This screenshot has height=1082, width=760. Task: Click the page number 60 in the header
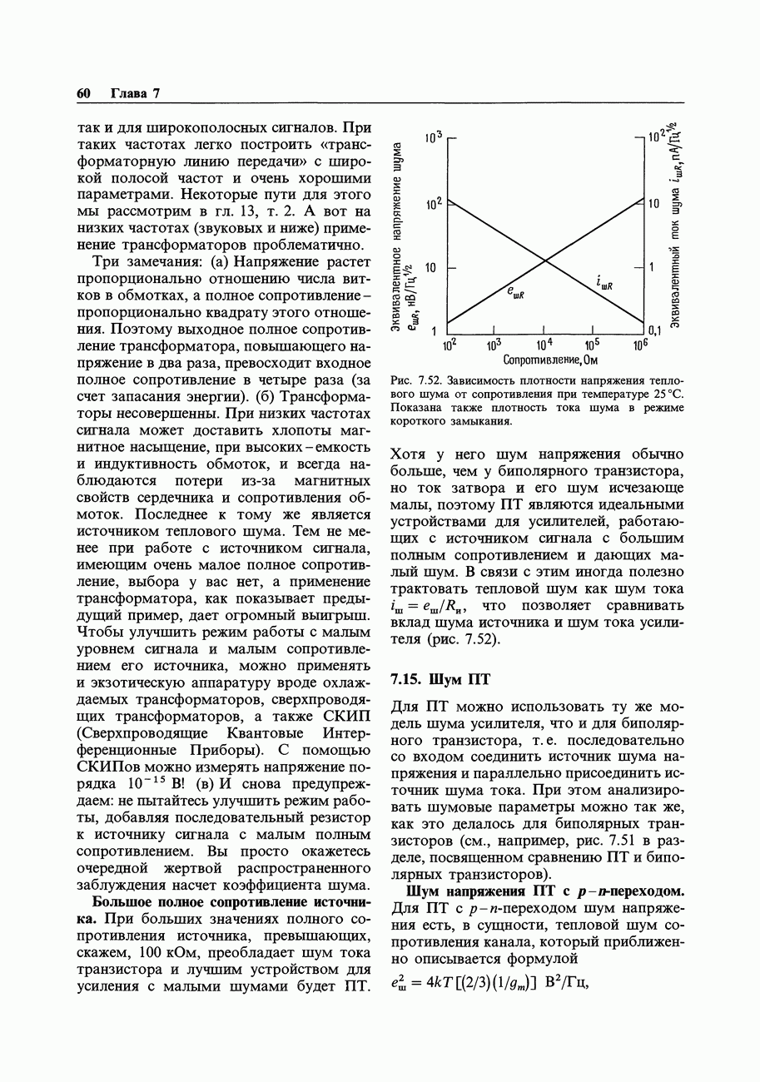coord(83,93)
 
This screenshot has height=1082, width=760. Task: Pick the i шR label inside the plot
coord(604,285)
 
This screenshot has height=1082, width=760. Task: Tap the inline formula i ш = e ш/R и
coord(431,605)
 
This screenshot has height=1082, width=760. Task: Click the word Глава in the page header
coord(128,93)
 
